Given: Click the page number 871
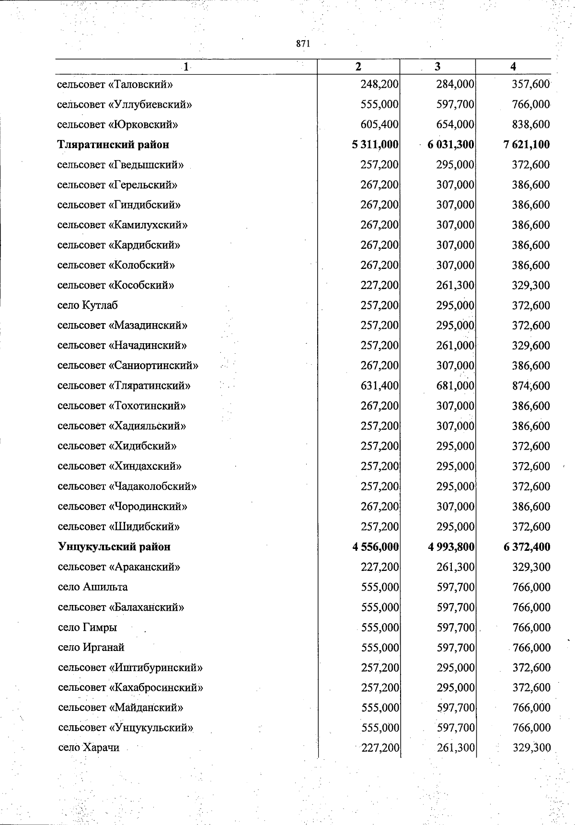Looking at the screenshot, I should [x=303, y=44].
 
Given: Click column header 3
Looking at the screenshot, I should [x=437, y=67].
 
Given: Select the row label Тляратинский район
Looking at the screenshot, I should [x=113, y=144].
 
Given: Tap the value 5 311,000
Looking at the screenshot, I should [x=375, y=144].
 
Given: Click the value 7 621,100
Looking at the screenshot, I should [x=527, y=144].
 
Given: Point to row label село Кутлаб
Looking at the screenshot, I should [x=88, y=305].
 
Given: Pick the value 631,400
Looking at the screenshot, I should [x=379, y=385].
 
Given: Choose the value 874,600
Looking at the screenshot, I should [x=531, y=385].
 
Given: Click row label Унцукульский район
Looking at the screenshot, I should [x=114, y=546].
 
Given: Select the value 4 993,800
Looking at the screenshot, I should [x=451, y=546].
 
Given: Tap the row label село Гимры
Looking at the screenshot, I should [x=87, y=627].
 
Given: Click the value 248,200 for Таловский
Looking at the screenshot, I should [x=379, y=84].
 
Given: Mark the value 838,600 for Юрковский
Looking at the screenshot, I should [x=531, y=124].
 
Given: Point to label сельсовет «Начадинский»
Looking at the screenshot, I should [x=122, y=345].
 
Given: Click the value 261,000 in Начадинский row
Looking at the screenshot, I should [x=455, y=345].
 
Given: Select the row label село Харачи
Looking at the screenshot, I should [x=89, y=747].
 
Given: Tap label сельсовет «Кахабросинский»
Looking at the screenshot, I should [x=130, y=687].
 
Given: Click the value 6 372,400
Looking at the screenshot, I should [x=527, y=546].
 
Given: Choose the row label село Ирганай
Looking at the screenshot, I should [x=91, y=647].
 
